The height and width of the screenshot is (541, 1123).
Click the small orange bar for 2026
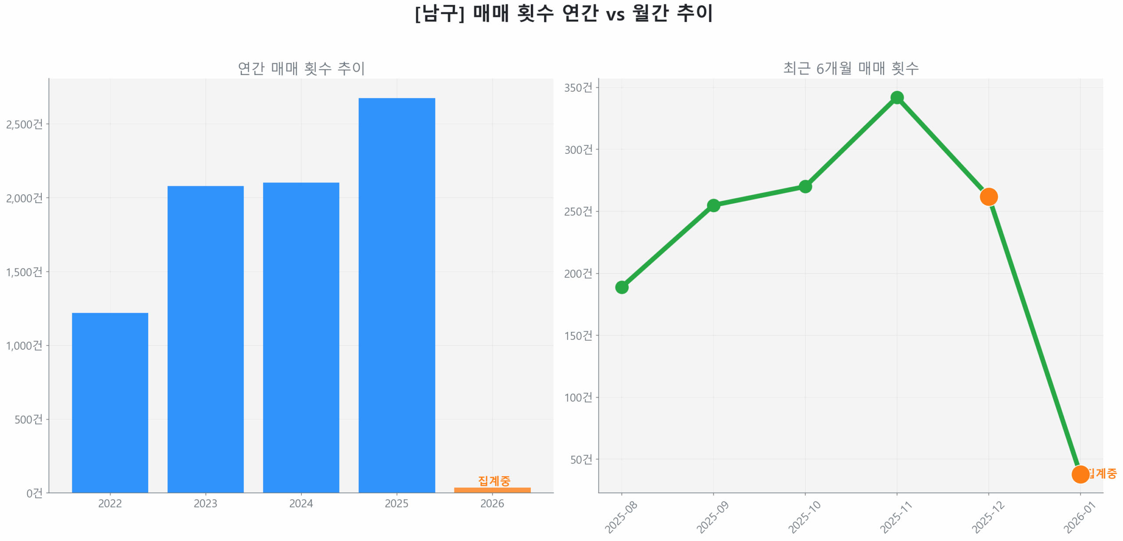(x=492, y=490)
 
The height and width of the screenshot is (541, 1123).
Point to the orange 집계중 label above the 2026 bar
(x=494, y=480)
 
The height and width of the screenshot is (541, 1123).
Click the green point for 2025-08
(x=622, y=287)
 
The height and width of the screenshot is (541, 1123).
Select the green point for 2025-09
(x=713, y=205)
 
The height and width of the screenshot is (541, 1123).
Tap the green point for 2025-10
(x=805, y=186)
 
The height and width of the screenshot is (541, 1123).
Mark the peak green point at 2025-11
(x=897, y=97)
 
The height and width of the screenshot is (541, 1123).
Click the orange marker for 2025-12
(x=988, y=197)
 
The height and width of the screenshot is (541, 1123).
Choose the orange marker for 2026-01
(x=1080, y=474)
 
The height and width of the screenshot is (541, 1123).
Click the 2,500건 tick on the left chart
(x=25, y=124)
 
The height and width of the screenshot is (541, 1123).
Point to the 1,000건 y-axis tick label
(x=25, y=345)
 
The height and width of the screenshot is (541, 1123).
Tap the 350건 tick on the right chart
(x=578, y=88)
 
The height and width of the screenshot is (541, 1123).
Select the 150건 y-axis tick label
(x=578, y=335)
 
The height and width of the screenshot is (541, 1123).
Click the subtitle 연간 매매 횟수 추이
(x=301, y=68)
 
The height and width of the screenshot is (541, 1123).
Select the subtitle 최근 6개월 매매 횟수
(x=851, y=68)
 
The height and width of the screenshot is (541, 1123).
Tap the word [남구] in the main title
(x=440, y=13)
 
